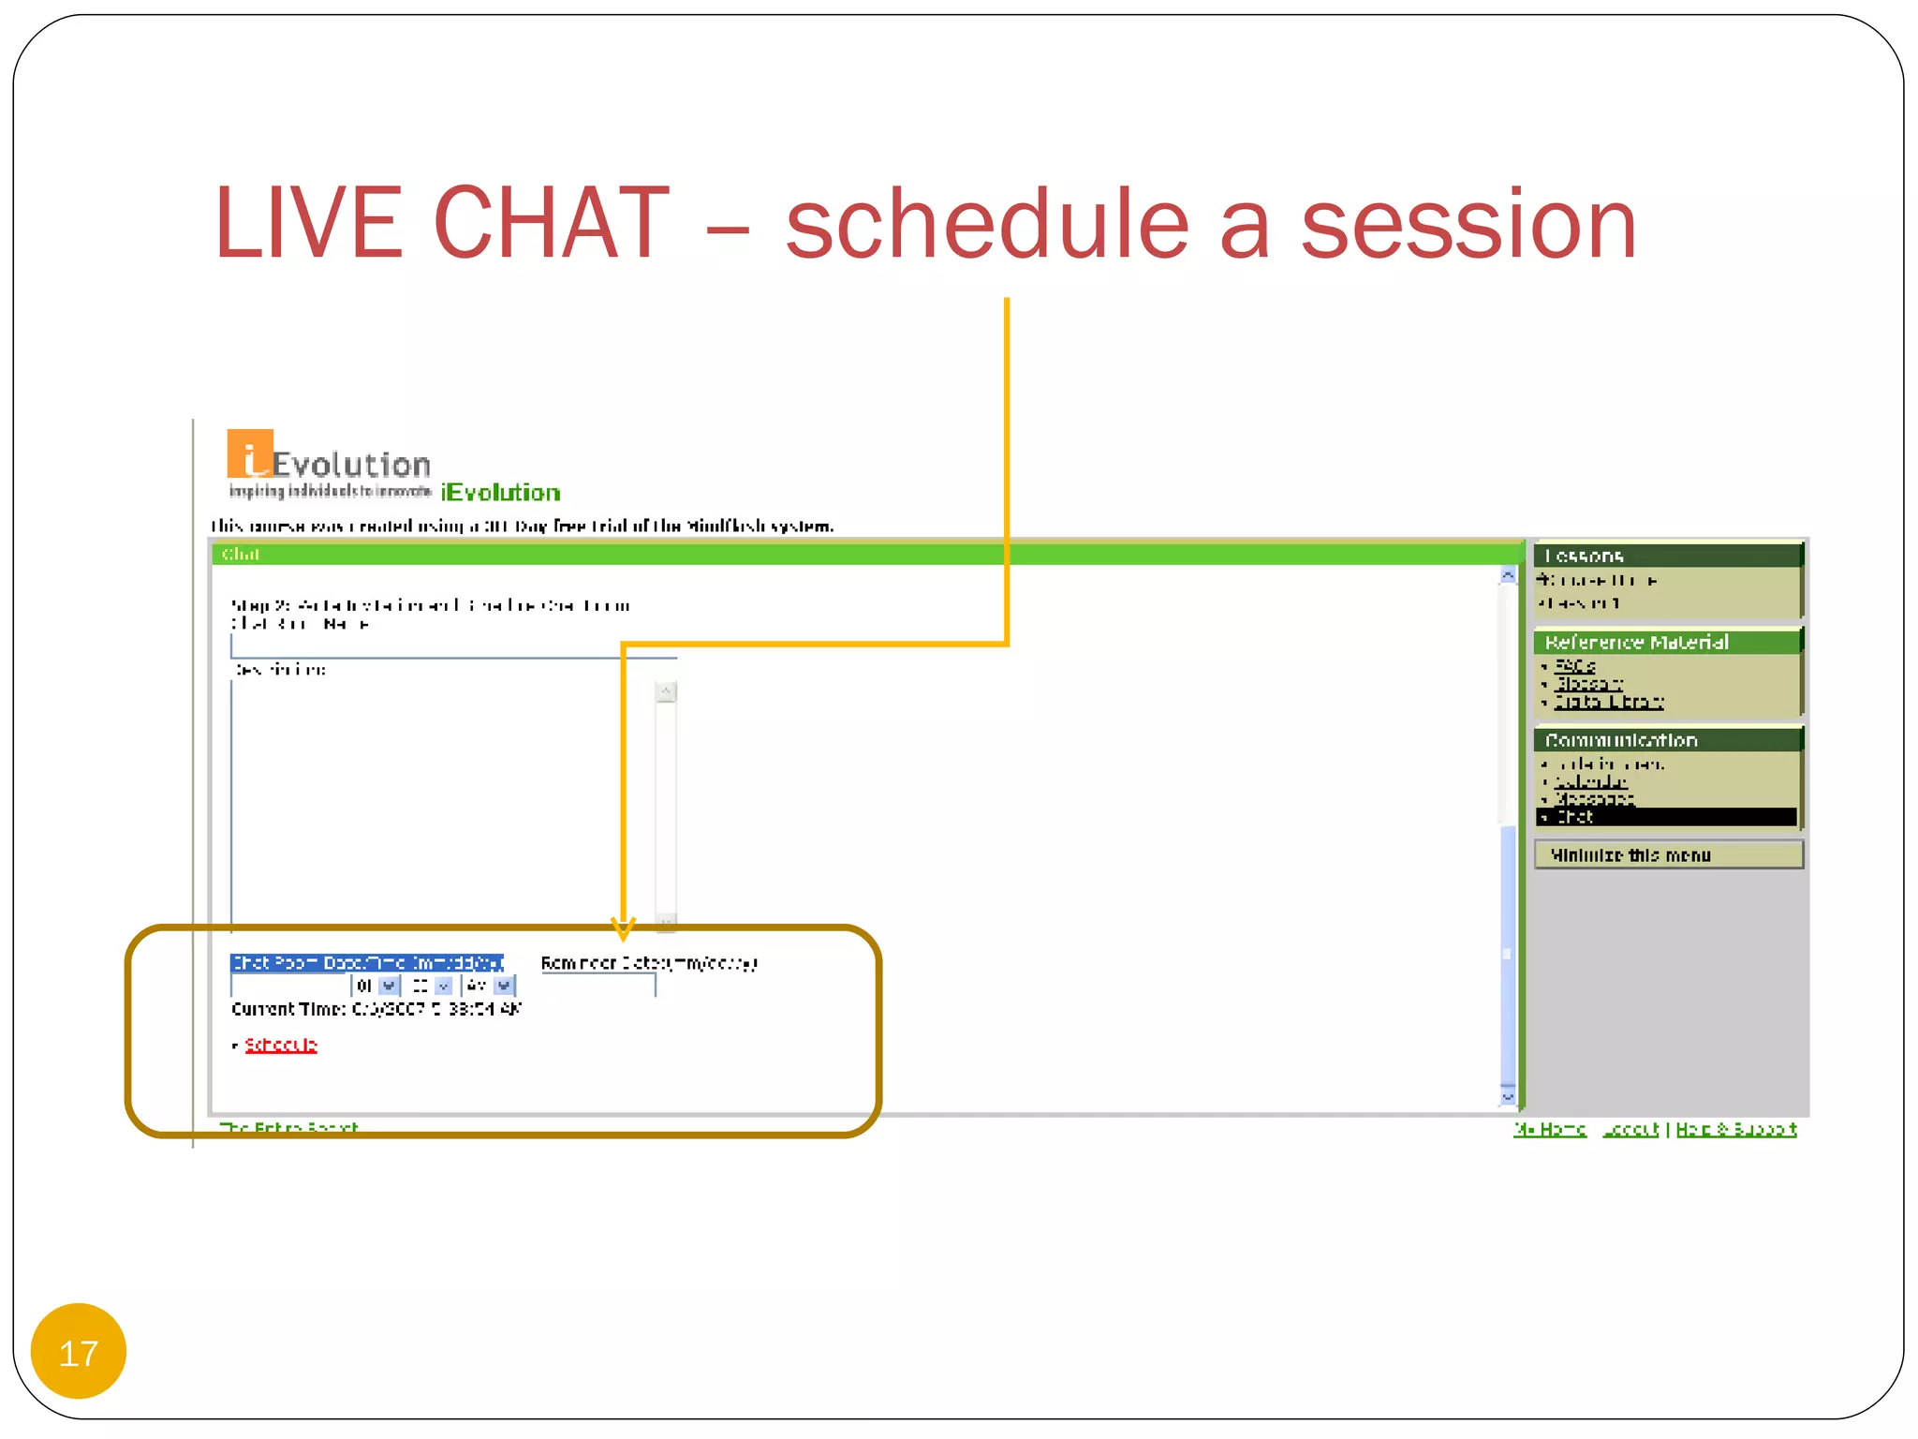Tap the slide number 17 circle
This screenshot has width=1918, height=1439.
pyautogui.click(x=79, y=1352)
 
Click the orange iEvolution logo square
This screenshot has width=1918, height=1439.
pyautogui.click(x=249, y=453)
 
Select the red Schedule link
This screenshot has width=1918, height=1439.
pyautogui.click(x=281, y=1045)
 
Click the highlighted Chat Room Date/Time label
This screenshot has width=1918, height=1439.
pyautogui.click(x=366, y=962)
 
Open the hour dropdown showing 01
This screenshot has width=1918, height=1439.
pyautogui.click(x=389, y=986)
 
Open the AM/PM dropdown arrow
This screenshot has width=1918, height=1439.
pyautogui.click(x=504, y=986)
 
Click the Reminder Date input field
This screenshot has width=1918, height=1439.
pyautogui.click(x=599, y=985)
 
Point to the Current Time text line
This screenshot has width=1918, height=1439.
pyautogui.click(x=375, y=1009)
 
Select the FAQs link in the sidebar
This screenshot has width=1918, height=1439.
pyautogui.click(x=1574, y=666)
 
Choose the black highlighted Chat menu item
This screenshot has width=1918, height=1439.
pyautogui.click(x=1667, y=817)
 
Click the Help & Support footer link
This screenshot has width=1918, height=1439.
pyautogui.click(x=1735, y=1129)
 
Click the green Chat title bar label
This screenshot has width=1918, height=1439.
pyautogui.click(x=241, y=555)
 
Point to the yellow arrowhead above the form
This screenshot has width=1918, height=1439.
pyautogui.click(x=623, y=928)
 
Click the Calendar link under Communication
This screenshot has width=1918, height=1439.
pyautogui.click(x=1590, y=781)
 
